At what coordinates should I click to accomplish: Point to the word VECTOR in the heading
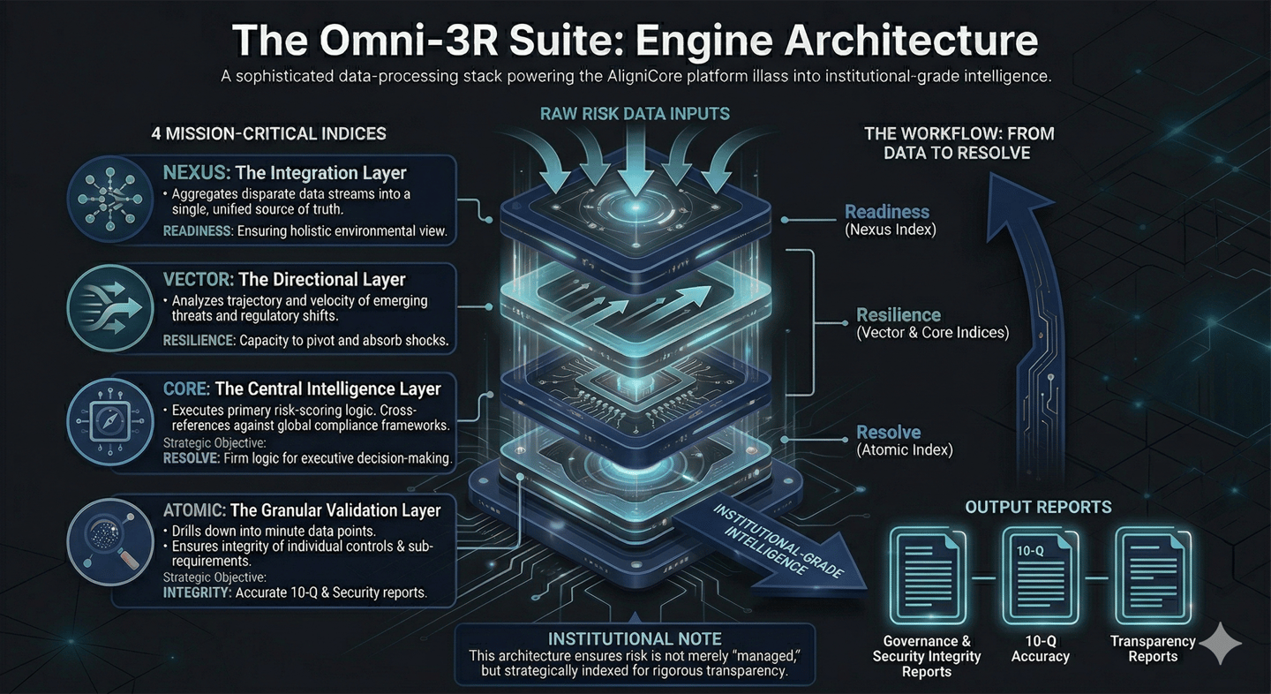(198, 280)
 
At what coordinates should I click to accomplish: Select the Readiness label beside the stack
(886, 212)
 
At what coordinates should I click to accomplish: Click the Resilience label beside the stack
(899, 315)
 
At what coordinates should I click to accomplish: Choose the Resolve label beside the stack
(888, 433)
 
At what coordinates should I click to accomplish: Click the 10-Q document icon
(1041, 576)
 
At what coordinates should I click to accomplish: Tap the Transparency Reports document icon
(1153, 576)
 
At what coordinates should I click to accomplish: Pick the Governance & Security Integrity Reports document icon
(928, 576)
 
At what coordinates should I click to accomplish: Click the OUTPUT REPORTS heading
(1038, 507)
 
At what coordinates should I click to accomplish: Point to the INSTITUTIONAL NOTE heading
(635, 638)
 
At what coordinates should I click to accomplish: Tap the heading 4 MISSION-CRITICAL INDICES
(268, 134)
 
